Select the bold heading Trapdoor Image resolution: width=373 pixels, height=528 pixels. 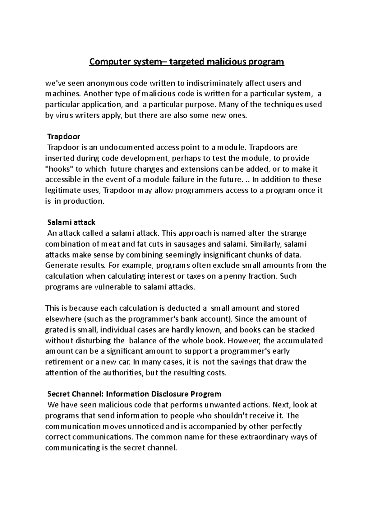point(63,137)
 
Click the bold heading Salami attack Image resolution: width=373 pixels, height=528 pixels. point(71,222)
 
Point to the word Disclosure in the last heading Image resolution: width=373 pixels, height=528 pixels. point(170,394)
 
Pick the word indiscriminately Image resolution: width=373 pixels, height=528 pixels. point(214,83)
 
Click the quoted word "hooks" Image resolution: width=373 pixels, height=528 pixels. point(58,169)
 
